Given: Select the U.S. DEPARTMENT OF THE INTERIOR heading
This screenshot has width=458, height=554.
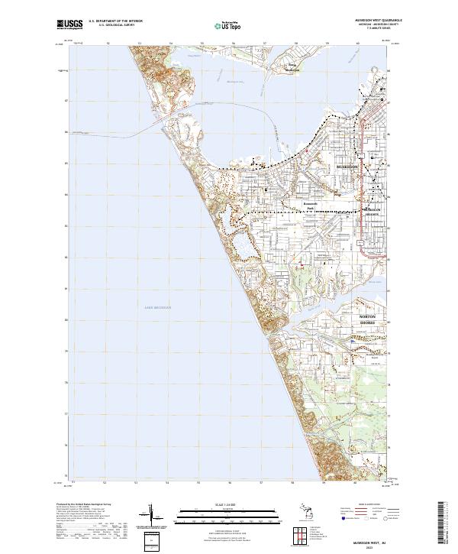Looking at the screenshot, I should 115,20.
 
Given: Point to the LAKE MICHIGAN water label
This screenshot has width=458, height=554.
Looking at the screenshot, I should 158,307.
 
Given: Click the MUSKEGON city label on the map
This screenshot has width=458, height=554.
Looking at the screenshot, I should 348,165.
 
